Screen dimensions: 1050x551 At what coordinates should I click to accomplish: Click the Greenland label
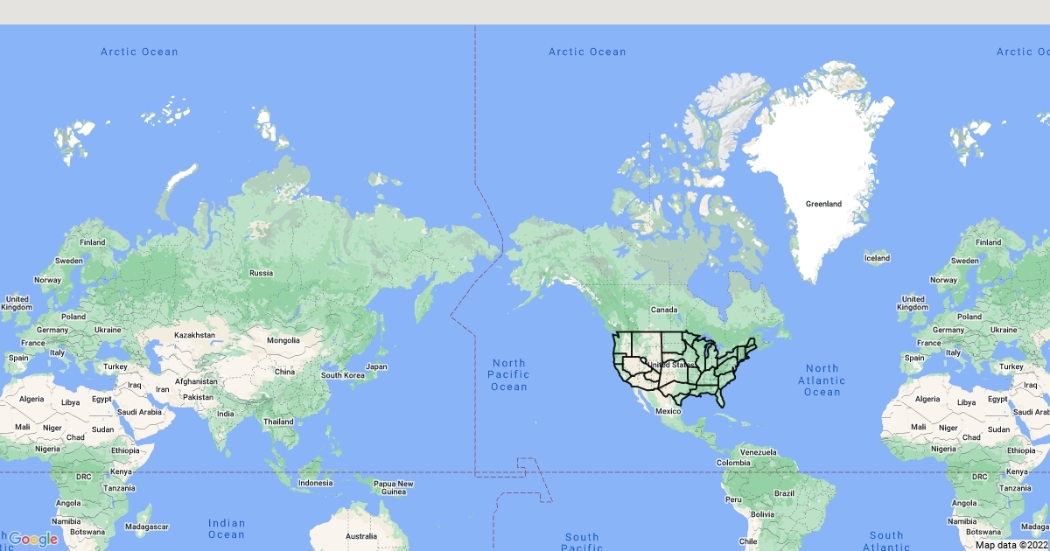(x=823, y=204)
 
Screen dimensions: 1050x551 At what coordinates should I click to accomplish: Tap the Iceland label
(x=877, y=258)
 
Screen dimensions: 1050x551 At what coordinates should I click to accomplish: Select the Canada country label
(x=664, y=310)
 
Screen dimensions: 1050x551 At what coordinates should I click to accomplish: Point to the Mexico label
(x=668, y=411)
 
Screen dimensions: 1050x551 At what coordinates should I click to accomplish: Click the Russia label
(x=261, y=273)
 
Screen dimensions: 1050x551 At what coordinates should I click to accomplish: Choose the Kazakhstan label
(x=194, y=335)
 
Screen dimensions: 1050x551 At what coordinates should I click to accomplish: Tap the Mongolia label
(x=283, y=340)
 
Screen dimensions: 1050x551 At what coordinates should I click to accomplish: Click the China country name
(x=284, y=372)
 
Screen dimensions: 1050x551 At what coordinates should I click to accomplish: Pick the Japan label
(x=376, y=366)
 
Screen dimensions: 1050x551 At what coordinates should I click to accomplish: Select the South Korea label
(x=342, y=375)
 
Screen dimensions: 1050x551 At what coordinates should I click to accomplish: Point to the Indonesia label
(x=315, y=483)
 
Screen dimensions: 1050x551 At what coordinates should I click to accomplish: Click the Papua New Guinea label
(x=393, y=487)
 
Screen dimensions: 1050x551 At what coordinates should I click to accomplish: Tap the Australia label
(x=360, y=536)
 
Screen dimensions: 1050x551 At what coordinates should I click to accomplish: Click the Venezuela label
(x=758, y=451)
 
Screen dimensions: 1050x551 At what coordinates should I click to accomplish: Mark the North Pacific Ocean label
(x=508, y=374)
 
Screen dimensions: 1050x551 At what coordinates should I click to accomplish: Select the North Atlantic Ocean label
(x=822, y=380)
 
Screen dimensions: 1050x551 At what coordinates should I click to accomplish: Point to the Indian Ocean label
(x=226, y=528)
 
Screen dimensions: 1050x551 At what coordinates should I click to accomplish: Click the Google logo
(x=33, y=539)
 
